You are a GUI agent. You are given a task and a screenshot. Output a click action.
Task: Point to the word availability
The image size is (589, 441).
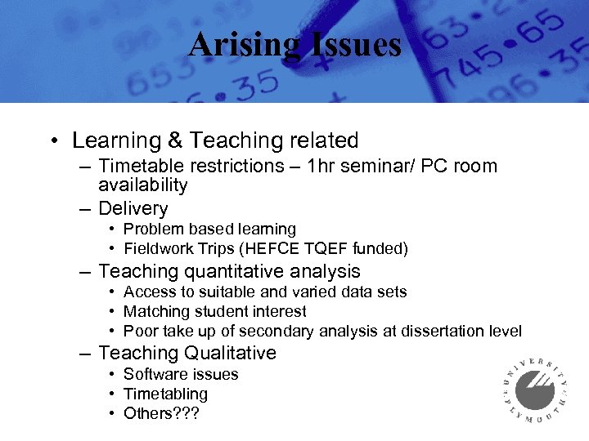(x=143, y=186)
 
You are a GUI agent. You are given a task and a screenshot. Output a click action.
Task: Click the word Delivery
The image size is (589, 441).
(x=133, y=209)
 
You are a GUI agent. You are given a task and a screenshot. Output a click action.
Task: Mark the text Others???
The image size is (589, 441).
(x=161, y=414)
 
